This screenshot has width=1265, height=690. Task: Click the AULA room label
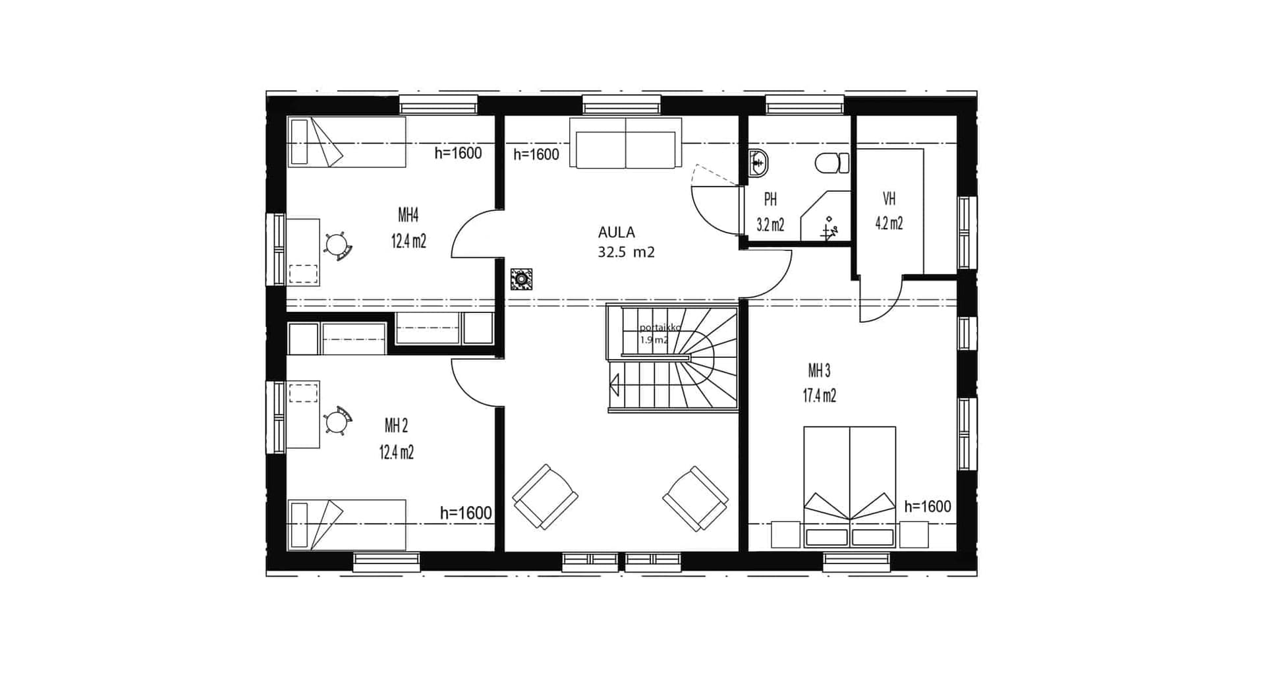tap(616, 232)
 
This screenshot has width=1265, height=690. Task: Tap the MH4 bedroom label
tap(408, 215)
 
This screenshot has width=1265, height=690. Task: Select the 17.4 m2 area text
tap(819, 395)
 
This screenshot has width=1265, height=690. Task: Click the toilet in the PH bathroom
tap(832, 163)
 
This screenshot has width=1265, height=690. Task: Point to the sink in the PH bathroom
tap(759, 163)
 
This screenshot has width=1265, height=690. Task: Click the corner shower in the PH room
tap(826, 216)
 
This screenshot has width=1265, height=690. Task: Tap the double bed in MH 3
tap(849, 487)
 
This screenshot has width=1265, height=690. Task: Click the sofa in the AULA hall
tap(626, 143)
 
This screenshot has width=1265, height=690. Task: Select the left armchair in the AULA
tap(545, 497)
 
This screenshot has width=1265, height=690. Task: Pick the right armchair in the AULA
tap(696, 498)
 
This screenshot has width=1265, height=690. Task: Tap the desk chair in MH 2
tap(338, 420)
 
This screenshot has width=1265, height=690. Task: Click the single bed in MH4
tap(347, 142)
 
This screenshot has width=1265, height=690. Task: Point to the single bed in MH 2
tap(347, 525)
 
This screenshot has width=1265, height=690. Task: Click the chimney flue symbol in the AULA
tap(521, 279)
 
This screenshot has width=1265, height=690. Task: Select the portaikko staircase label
tap(660, 328)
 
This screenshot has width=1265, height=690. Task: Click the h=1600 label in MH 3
tap(928, 506)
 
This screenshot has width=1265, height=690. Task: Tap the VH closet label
tap(889, 198)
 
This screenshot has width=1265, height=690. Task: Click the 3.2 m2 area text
tap(770, 225)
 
